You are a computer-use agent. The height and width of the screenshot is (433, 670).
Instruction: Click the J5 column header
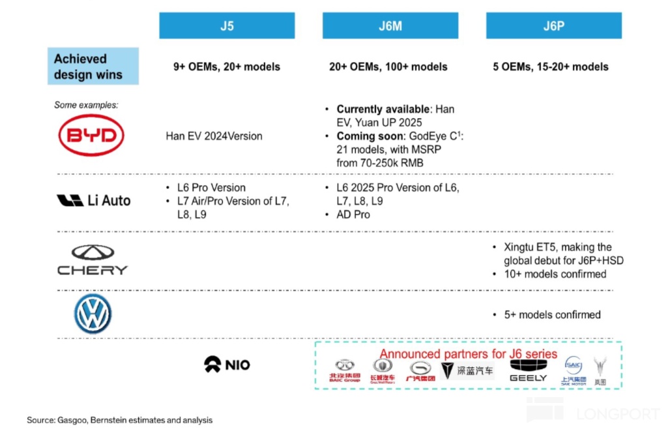[227, 26]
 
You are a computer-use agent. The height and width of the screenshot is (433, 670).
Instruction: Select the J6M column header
[390, 26]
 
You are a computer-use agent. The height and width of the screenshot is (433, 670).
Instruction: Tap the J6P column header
[553, 26]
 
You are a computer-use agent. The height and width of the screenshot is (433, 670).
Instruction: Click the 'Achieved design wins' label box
[93, 67]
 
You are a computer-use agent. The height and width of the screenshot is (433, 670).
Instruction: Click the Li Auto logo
[93, 201]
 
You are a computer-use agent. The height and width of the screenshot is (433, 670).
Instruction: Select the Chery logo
[93, 260]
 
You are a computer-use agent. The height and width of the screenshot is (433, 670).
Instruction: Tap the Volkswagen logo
[93, 314]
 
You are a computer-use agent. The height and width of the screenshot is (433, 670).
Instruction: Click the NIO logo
[227, 364]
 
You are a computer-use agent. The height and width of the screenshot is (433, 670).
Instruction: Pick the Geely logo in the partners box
[528, 370]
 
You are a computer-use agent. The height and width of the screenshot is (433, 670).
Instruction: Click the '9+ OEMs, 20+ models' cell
[227, 67]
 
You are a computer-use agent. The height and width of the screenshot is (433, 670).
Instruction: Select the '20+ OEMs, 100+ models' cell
[388, 67]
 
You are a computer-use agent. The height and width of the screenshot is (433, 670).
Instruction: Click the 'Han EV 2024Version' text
[214, 136]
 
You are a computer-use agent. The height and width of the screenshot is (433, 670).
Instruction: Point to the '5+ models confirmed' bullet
[552, 314]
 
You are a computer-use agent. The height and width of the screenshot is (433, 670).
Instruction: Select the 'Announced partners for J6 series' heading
[469, 354]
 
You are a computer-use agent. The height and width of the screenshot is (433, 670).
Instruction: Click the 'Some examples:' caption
[86, 105]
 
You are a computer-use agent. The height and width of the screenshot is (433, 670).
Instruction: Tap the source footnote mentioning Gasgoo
[119, 421]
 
